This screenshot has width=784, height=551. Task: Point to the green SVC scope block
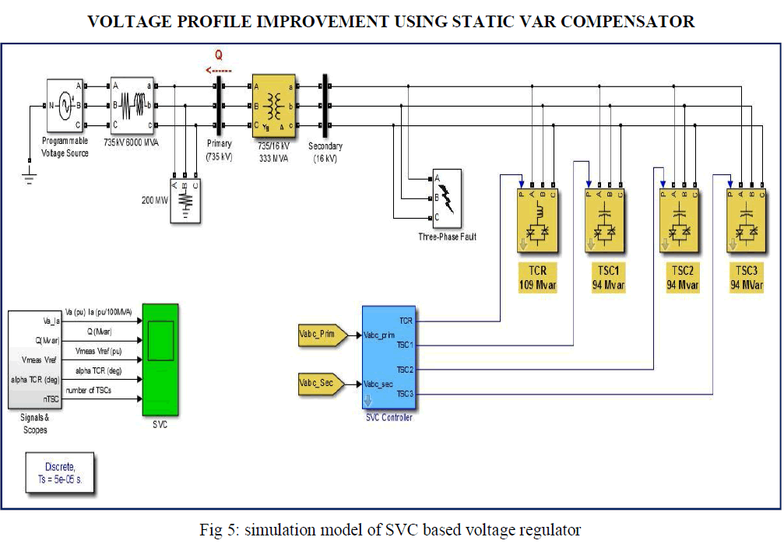click(x=160, y=360)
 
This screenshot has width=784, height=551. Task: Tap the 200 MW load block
click(x=185, y=201)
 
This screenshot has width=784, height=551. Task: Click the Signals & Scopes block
click(x=34, y=359)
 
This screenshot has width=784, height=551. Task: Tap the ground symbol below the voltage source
click(x=30, y=179)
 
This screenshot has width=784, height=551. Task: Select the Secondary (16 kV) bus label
click(x=325, y=151)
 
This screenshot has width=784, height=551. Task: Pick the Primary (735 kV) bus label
click(x=219, y=149)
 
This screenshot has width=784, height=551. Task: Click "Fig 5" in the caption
click(x=218, y=531)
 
